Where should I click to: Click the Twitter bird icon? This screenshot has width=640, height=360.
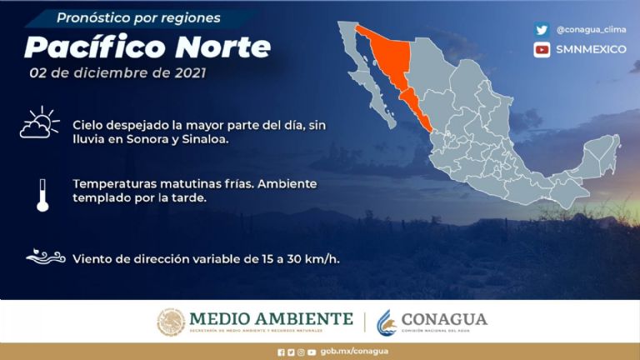click(x=542, y=29)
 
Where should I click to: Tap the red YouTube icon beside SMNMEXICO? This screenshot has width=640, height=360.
click(x=542, y=49)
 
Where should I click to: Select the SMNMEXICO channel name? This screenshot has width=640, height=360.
click(x=592, y=49)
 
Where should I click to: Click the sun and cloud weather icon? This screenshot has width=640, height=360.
click(x=40, y=122)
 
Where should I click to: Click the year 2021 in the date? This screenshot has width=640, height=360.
click(x=187, y=72)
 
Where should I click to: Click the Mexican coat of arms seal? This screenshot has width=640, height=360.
click(x=171, y=322)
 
